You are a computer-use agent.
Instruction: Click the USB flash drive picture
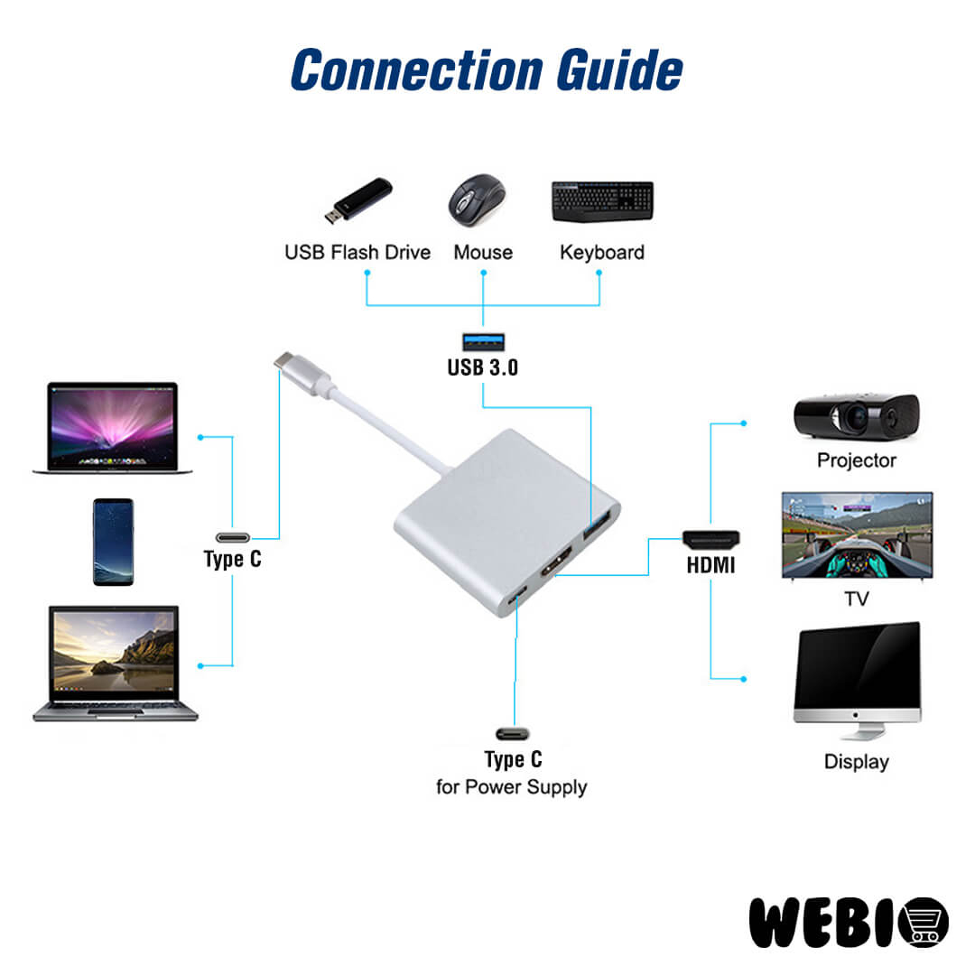(x=358, y=200)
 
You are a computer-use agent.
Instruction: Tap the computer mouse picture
(x=477, y=200)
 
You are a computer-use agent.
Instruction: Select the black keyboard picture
(x=602, y=201)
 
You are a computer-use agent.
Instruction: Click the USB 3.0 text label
(x=483, y=367)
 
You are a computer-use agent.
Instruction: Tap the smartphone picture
(x=113, y=542)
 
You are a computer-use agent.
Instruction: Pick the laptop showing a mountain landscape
(x=115, y=664)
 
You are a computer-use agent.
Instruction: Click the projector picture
(x=856, y=416)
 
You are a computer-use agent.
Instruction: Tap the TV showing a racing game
(x=857, y=534)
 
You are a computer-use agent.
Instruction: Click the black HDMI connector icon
(x=710, y=540)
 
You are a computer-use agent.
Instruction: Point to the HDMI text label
(x=710, y=566)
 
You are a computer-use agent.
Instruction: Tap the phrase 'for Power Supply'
(x=511, y=787)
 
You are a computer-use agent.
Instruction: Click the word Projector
(x=856, y=460)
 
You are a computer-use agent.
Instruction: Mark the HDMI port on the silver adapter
(x=552, y=568)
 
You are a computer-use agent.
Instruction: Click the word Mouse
(x=483, y=252)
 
